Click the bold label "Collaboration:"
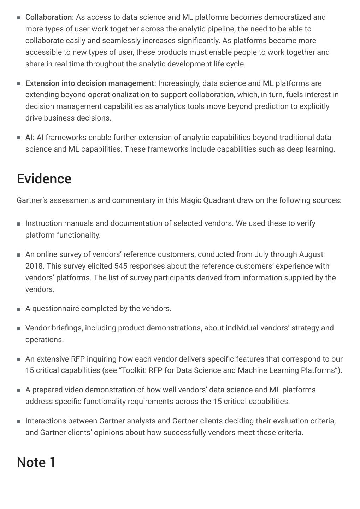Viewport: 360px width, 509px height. tap(49, 17)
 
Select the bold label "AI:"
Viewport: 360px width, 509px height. tap(30, 138)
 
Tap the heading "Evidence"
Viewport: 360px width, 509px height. tap(44, 179)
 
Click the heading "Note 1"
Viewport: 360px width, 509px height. tap(36, 462)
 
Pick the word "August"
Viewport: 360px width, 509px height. tap(311, 255)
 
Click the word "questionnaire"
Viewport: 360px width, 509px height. tap(56, 309)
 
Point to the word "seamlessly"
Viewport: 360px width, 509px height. tap(120, 41)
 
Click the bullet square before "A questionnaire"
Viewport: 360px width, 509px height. tap(19, 309)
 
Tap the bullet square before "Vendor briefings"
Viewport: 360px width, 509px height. tap(19, 328)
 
